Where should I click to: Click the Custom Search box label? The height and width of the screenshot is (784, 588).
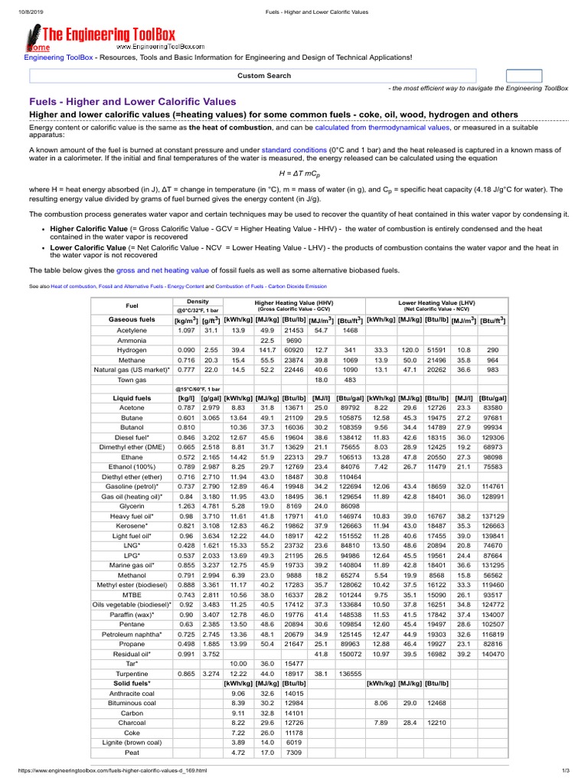point(263,76)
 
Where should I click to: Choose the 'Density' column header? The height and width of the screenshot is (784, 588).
point(188,302)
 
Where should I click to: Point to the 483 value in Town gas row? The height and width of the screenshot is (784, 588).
point(350,379)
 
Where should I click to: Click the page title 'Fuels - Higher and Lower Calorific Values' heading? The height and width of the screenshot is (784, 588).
point(132,101)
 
